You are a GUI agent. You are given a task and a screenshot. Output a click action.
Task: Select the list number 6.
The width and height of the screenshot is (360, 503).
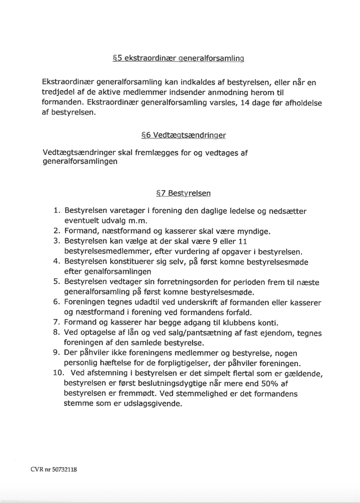point(57,302)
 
